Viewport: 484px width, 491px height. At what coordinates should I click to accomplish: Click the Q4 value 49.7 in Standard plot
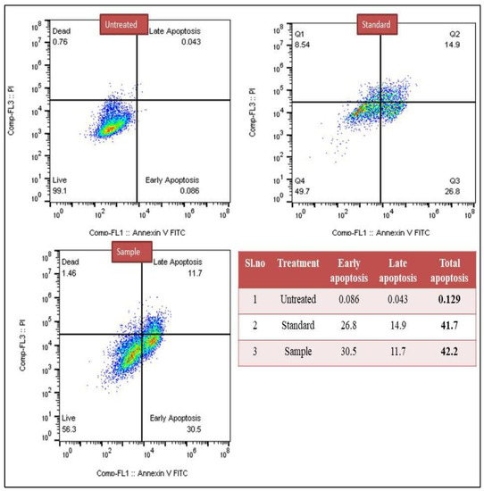(x=305, y=190)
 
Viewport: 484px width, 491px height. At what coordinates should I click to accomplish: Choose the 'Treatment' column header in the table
(x=297, y=263)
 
